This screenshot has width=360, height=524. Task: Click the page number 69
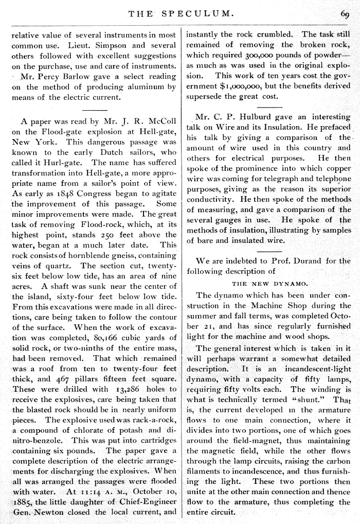pos(344,14)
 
